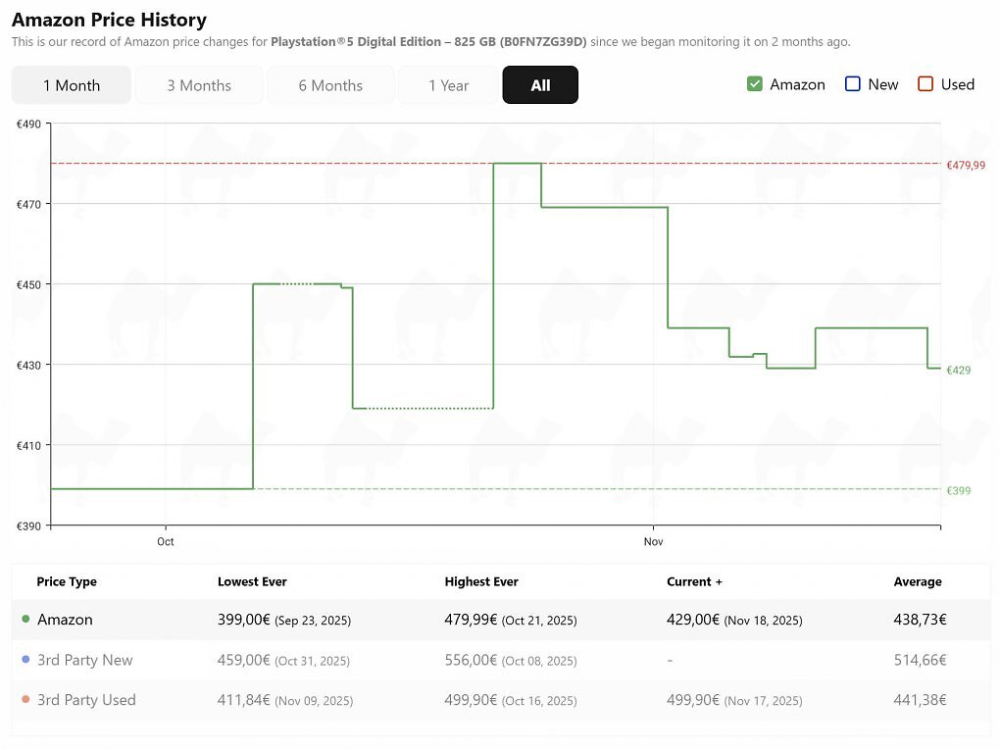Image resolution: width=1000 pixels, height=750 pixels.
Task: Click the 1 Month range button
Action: tap(72, 85)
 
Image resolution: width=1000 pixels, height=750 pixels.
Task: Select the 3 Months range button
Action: tap(199, 85)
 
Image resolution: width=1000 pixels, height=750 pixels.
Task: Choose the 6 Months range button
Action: tap(330, 85)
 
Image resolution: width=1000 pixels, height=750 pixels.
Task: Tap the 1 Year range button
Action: tap(448, 85)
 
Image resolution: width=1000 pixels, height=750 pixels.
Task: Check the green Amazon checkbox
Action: tap(755, 84)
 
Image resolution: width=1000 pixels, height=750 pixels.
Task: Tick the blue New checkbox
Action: tap(853, 84)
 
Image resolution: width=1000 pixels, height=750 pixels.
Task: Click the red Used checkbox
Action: tap(925, 84)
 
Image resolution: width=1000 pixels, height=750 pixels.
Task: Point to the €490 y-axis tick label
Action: tap(28, 125)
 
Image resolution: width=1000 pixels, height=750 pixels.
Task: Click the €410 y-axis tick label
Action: tap(28, 446)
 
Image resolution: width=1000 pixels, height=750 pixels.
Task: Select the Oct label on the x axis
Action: tap(165, 541)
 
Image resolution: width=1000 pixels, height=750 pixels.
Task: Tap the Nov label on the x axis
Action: tap(653, 541)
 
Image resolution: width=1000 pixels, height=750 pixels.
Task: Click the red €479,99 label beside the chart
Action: tap(966, 165)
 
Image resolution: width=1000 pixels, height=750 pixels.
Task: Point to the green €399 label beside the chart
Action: tap(959, 490)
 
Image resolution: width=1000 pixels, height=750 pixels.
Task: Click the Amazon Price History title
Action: tap(109, 20)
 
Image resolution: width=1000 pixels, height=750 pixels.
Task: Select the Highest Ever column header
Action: tap(481, 581)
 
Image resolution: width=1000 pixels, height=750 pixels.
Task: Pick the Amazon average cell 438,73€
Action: tap(920, 620)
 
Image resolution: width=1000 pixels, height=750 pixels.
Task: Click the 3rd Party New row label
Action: tap(85, 660)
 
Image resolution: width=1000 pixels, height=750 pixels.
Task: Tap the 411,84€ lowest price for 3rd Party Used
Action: tap(243, 700)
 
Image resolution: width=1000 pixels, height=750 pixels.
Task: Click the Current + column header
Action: tap(694, 581)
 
